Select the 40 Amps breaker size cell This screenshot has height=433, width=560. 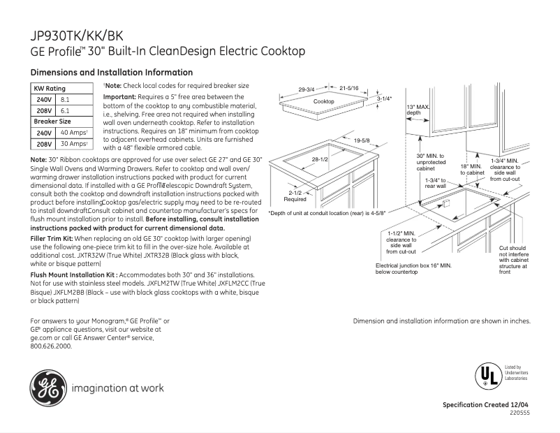pyautogui.click(x=73, y=133)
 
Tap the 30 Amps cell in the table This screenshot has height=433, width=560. pyautogui.click(x=73, y=144)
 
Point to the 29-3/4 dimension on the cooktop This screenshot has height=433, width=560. pyautogui.click(x=307, y=89)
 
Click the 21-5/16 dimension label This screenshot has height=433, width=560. pyautogui.click(x=348, y=89)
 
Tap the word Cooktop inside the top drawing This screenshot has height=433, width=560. pyautogui.click(x=323, y=102)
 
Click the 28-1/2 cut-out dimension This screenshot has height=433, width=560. pyautogui.click(x=320, y=160)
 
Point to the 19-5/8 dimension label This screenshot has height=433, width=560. pyautogui.click(x=362, y=140)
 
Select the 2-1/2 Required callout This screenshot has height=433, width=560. pyautogui.click(x=294, y=196)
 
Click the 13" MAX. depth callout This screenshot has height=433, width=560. pyautogui.click(x=418, y=110)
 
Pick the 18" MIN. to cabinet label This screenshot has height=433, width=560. pyautogui.click(x=471, y=170)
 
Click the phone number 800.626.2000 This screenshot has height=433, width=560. pyautogui.click(x=51, y=346)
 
